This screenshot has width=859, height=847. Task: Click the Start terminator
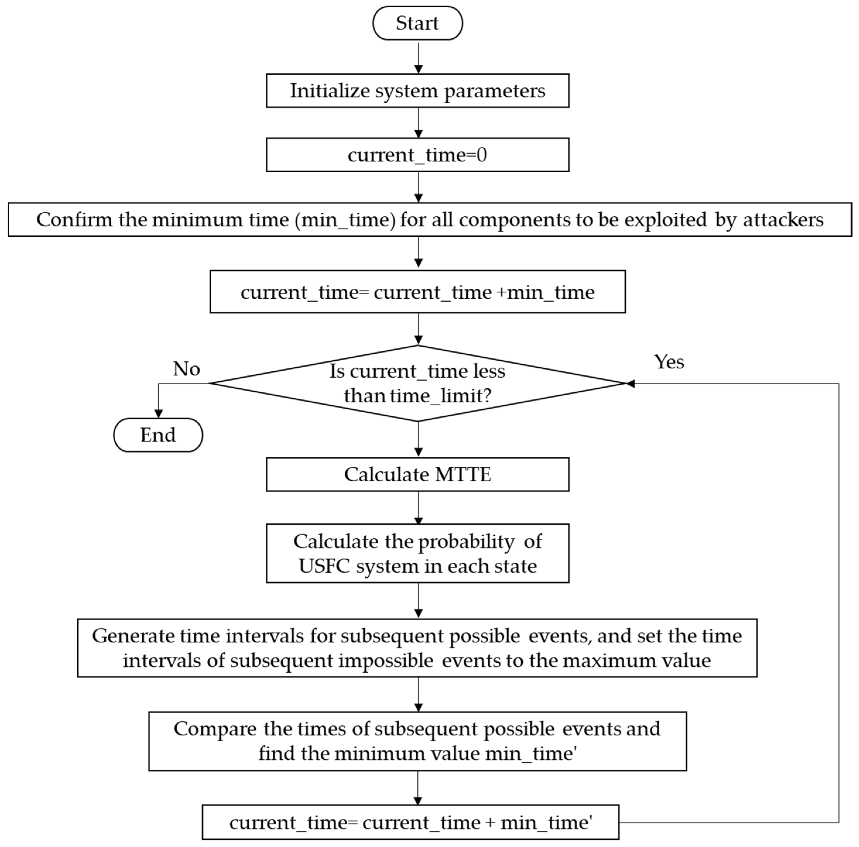[417, 23]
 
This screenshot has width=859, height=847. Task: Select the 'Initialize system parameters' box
[417, 91]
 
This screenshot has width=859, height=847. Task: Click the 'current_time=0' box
[417, 155]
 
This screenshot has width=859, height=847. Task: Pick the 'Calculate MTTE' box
[417, 474]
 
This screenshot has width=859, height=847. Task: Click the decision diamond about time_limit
[417, 383]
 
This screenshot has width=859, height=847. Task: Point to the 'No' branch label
[186, 369]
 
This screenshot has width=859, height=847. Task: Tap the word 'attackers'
[783, 219]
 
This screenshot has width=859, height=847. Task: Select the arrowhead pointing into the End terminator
[158, 414]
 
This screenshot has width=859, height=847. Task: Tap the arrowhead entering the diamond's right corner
[630, 383]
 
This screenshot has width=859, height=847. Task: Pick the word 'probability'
[467, 542]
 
